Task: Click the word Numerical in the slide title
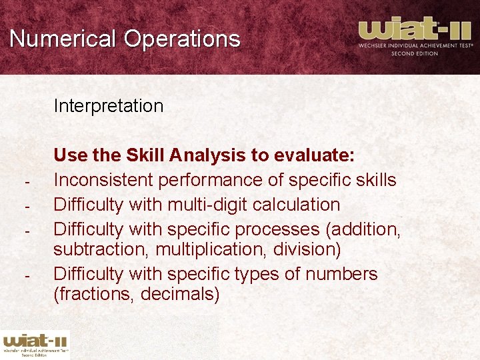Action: pos(63,39)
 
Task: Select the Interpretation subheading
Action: pos(108,106)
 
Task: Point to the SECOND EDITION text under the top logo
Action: pos(415,54)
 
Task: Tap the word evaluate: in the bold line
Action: pos(312,156)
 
